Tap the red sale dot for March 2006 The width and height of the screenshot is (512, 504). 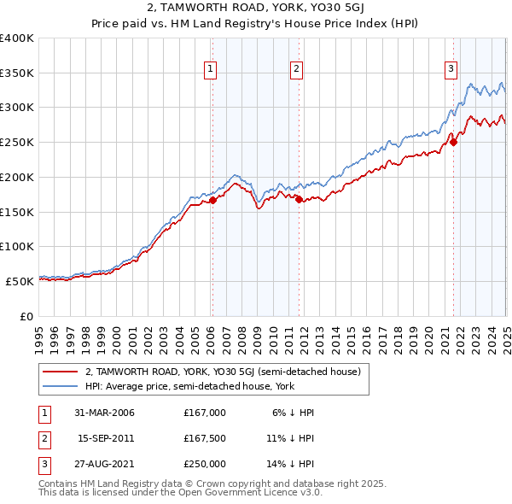(213, 200)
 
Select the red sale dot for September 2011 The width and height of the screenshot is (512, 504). (299, 199)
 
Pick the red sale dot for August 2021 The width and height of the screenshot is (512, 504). (454, 143)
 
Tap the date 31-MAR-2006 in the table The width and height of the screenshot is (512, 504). (104, 413)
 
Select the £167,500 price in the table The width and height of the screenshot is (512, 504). (205, 438)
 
